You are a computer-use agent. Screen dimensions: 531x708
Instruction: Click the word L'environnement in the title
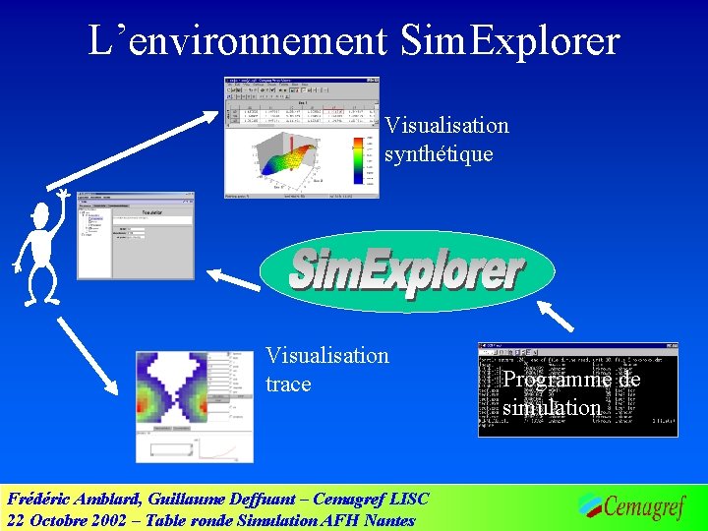(x=237, y=40)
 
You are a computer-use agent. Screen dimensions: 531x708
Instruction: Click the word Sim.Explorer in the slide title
(x=510, y=40)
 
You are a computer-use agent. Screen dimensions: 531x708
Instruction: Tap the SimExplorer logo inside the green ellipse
(x=406, y=270)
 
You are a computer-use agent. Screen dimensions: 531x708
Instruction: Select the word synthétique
(x=439, y=154)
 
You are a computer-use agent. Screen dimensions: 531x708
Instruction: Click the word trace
(x=288, y=383)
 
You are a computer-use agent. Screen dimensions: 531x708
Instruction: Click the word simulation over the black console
(x=551, y=407)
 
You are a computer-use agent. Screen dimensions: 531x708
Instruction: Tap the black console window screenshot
(x=578, y=389)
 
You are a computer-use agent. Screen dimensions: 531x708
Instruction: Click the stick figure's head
(x=40, y=213)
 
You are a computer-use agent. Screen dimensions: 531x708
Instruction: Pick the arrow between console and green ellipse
(x=557, y=314)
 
